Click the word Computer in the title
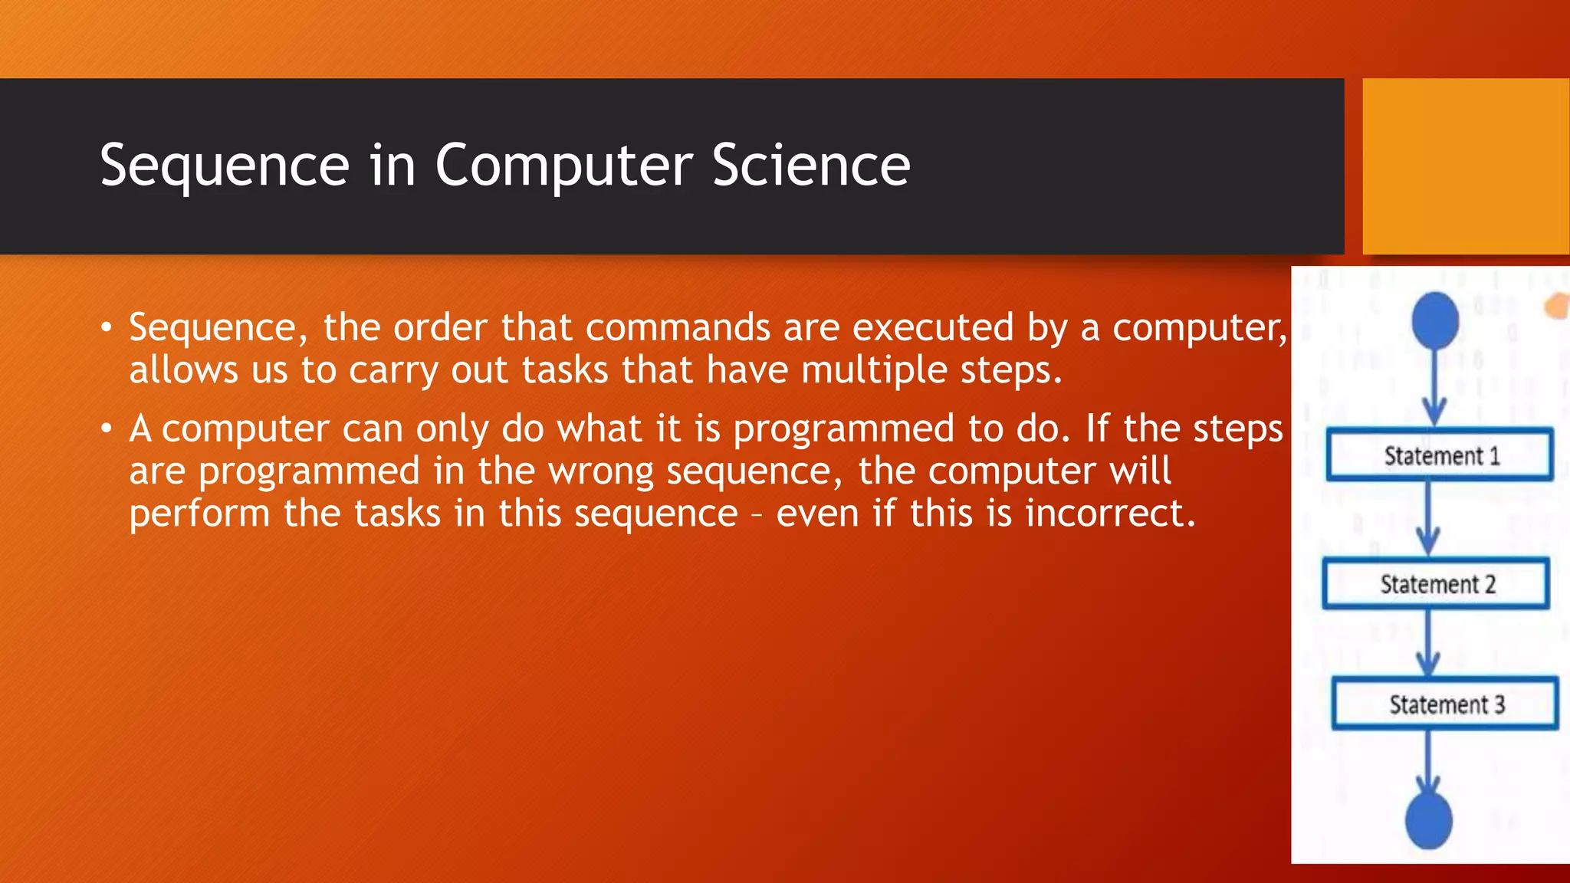point(563,166)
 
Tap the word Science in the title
point(810,166)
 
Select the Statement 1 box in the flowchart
point(1440,455)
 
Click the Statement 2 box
point(1436,584)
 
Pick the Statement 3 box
point(1445,704)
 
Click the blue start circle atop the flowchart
point(1435,320)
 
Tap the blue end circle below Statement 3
point(1428,820)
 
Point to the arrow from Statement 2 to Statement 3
point(1428,642)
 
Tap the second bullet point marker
point(107,429)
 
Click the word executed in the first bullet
point(933,328)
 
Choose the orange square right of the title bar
point(1466,166)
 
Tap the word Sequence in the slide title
point(225,166)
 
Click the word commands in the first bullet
point(678,328)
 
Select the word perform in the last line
point(199,514)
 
